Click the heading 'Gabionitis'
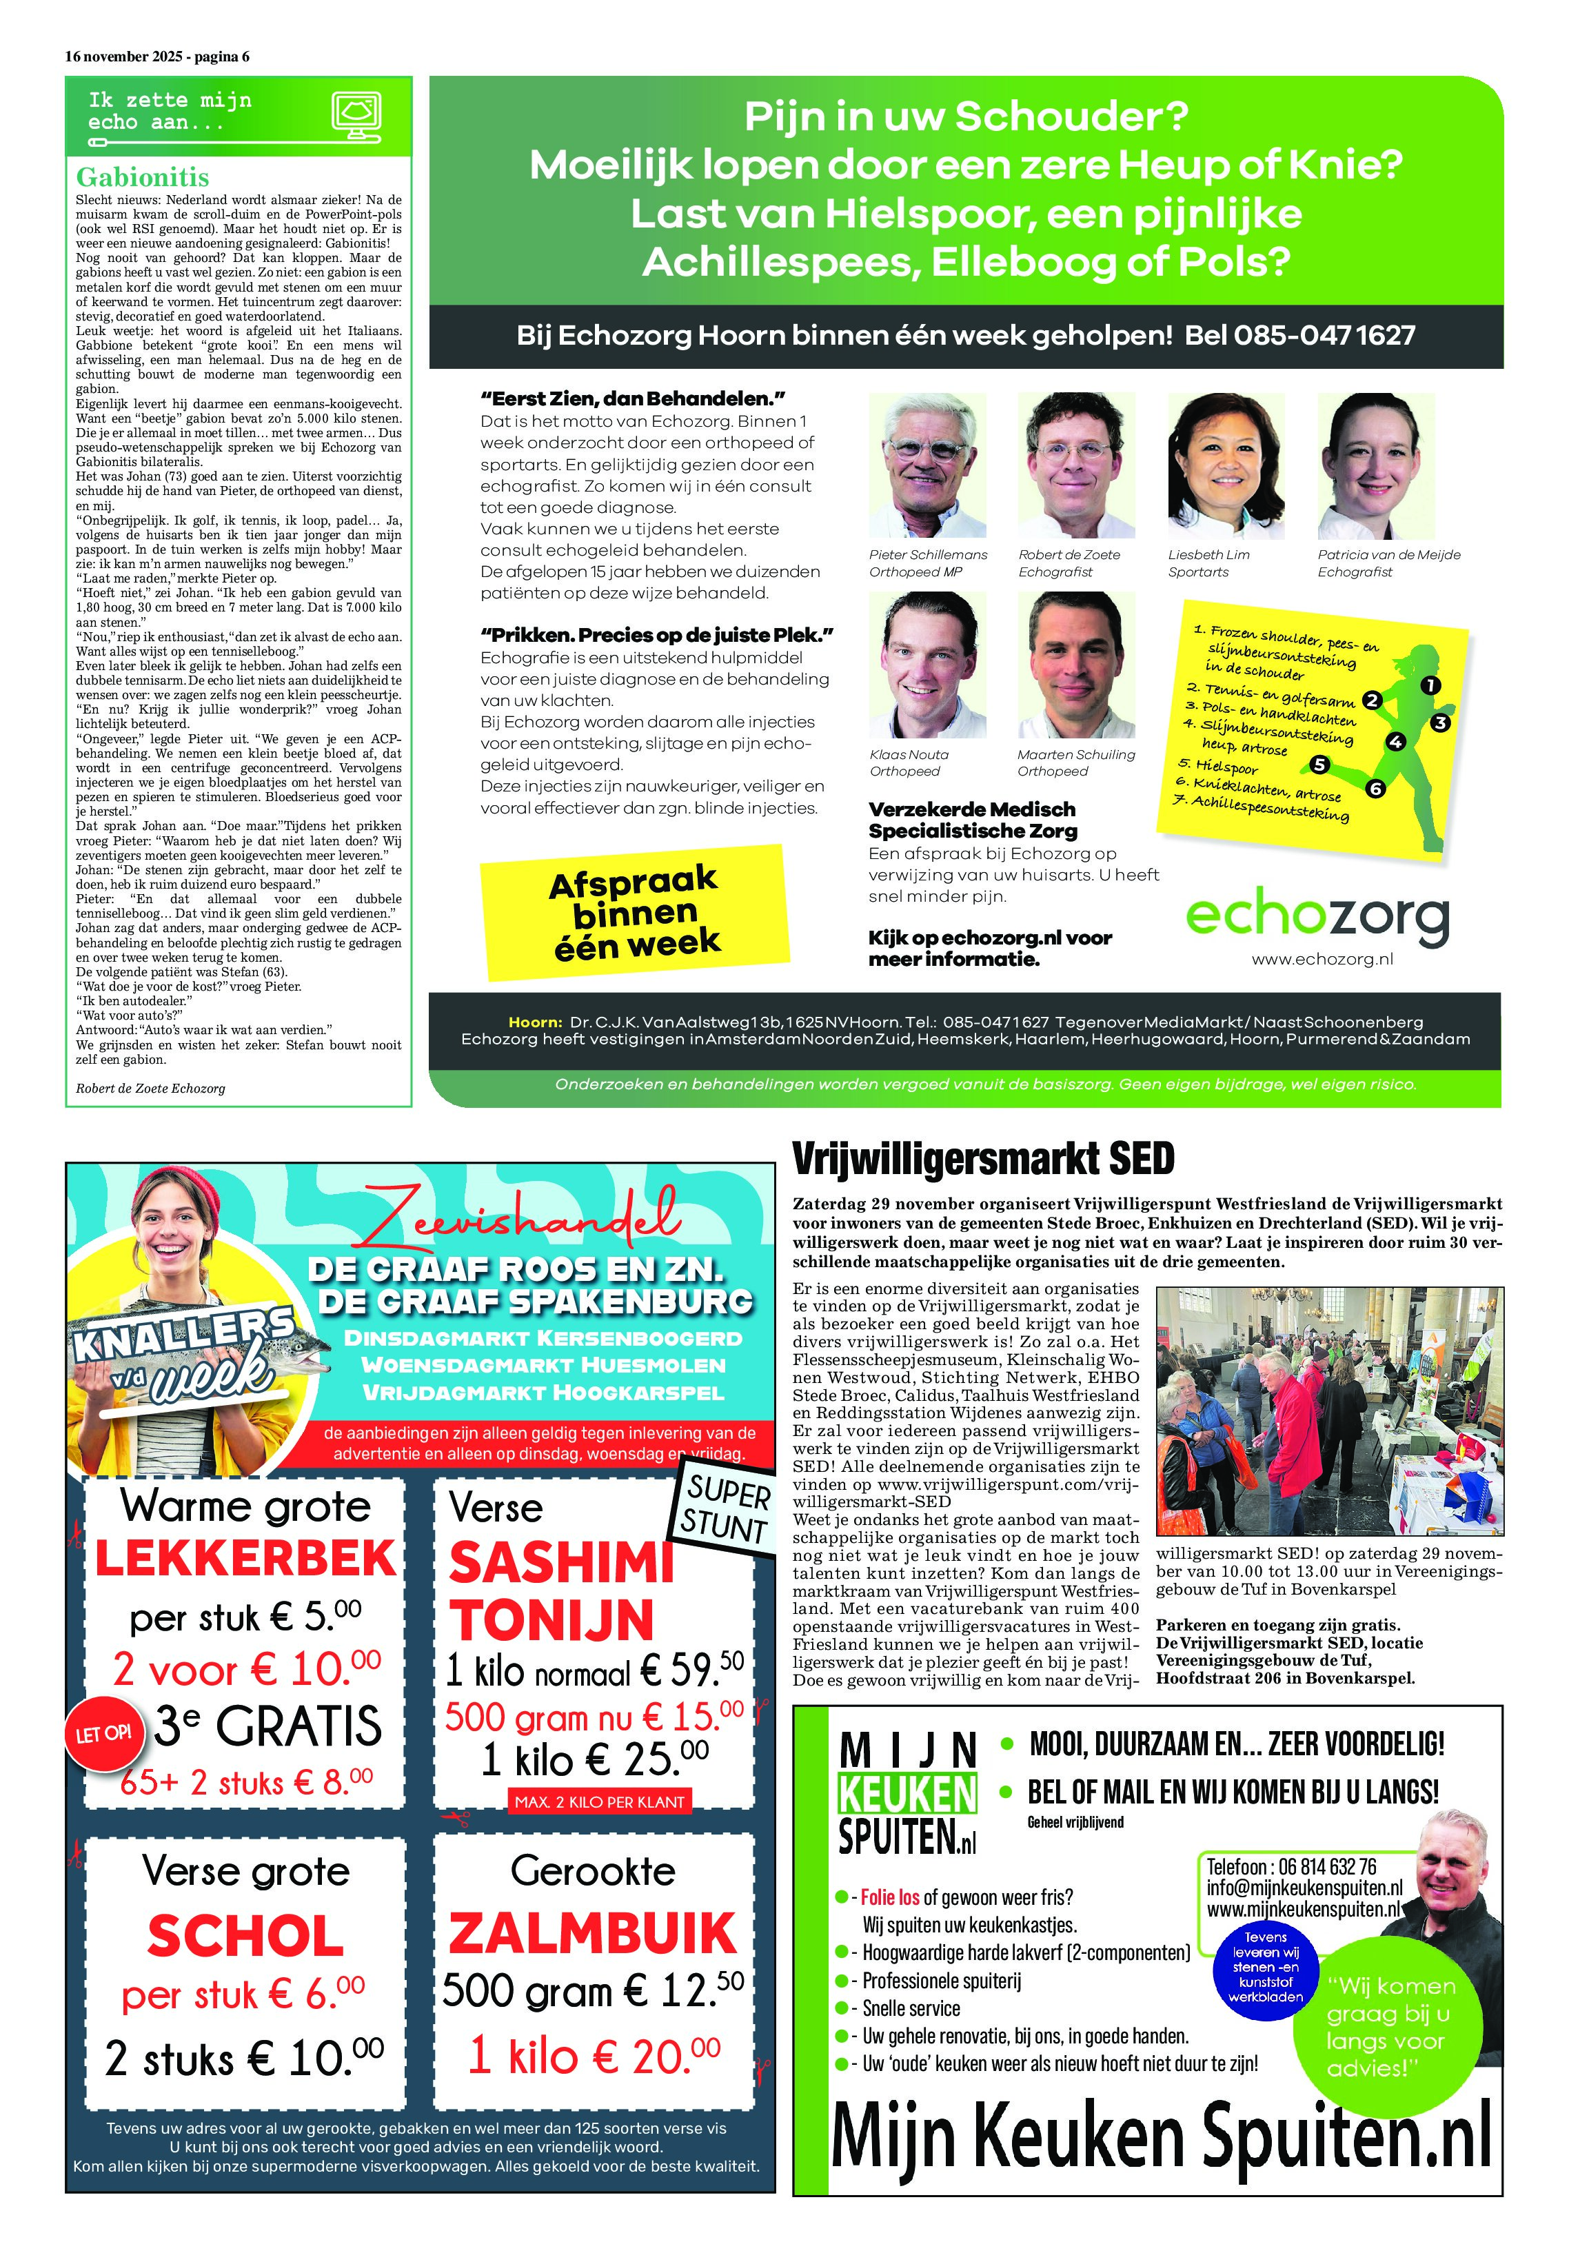tap(142, 178)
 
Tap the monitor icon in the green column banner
tap(356, 117)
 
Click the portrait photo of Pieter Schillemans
tap(927, 465)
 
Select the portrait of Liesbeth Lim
tap(1226, 465)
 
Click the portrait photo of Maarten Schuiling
tap(1075, 665)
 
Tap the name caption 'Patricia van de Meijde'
tap(1388, 554)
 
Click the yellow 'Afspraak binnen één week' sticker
tap(634, 911)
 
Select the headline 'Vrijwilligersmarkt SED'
tap(982, 1159)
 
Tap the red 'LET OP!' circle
tap(104, 1734)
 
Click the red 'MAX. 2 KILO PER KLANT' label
tap(600, 1801)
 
